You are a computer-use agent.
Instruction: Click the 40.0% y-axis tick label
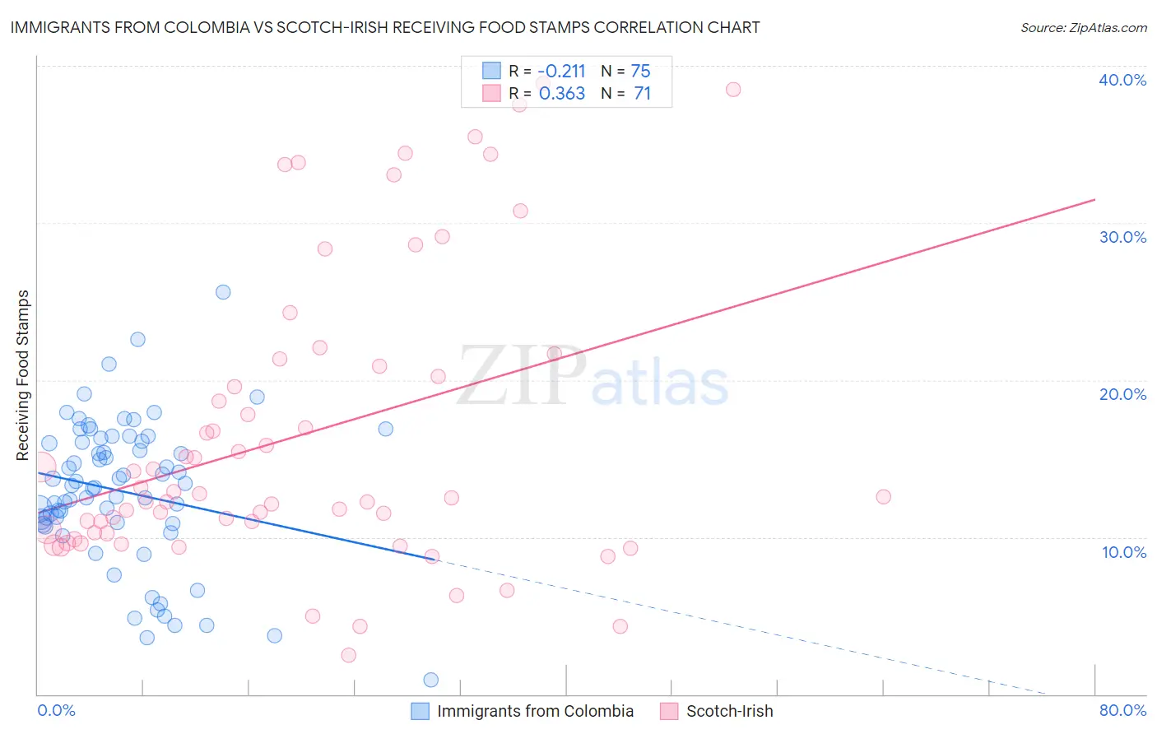(1122, 80)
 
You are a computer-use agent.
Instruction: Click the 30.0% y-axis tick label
(1122, 237)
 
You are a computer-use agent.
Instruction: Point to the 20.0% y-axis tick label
(1122, 394)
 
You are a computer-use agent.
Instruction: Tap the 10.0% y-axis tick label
(1124, 552)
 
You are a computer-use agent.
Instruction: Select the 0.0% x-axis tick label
(56, 710)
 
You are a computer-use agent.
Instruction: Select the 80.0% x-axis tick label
(1122, 710)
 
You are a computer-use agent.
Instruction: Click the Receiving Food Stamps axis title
(23, 374)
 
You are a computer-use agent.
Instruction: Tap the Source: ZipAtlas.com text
(1083, 27)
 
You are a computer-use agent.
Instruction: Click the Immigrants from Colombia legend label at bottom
(535, 711)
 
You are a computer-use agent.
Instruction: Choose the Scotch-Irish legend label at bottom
(729, 711)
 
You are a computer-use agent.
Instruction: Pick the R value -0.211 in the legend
(562, 71)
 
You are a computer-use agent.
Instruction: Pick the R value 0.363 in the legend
(562, 94)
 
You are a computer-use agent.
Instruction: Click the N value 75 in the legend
(640, 71)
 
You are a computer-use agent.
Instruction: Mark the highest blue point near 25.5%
(223, 292)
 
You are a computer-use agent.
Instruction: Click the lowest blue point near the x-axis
(430, 680)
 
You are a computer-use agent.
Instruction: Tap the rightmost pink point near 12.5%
(883, 496)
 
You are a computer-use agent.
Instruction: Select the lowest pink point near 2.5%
(349, 655)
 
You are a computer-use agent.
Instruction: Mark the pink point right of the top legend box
(733, 90)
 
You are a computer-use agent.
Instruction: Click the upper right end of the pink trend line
(1094, 199)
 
